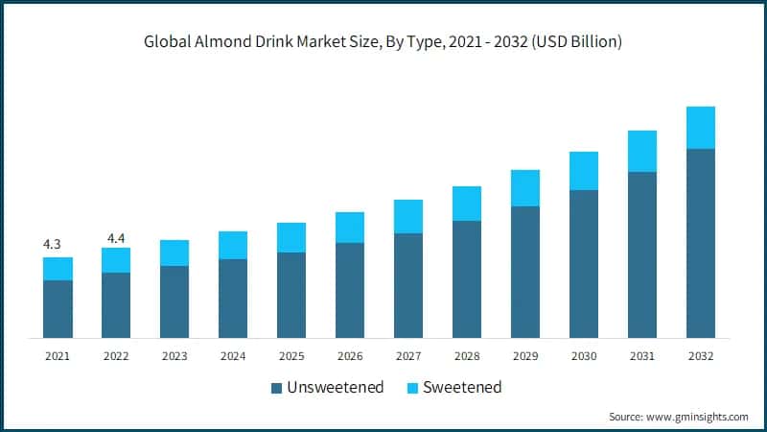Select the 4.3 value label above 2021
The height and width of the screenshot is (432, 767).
(x=53, y=245)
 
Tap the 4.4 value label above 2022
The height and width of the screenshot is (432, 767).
(x=116, y=236)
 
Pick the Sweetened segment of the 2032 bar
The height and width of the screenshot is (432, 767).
(x=701, y=128)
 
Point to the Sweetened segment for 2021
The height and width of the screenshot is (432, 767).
(x=58, y=269)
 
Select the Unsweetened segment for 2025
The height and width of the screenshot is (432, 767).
(x=291, y=295)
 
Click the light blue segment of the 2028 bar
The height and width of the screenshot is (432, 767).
(x=467, y=204)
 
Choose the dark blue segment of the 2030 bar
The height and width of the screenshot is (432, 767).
(x=584, y=264)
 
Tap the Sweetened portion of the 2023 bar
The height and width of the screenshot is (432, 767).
(x=174, y=252)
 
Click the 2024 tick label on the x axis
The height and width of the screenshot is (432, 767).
(x=233, y=355)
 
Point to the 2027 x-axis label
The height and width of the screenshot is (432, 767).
(x=408, y=355)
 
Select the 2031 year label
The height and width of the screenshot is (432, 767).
(x=642, y=355)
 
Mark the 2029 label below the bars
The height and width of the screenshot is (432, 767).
(x=525, y=355)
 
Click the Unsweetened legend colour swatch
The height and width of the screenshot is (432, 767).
(x=277, y=388)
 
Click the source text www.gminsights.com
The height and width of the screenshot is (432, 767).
(x=701, y=417)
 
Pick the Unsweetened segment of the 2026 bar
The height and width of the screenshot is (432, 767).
(x=350, y=290)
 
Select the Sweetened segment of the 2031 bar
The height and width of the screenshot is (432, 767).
(x=642, y=152)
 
